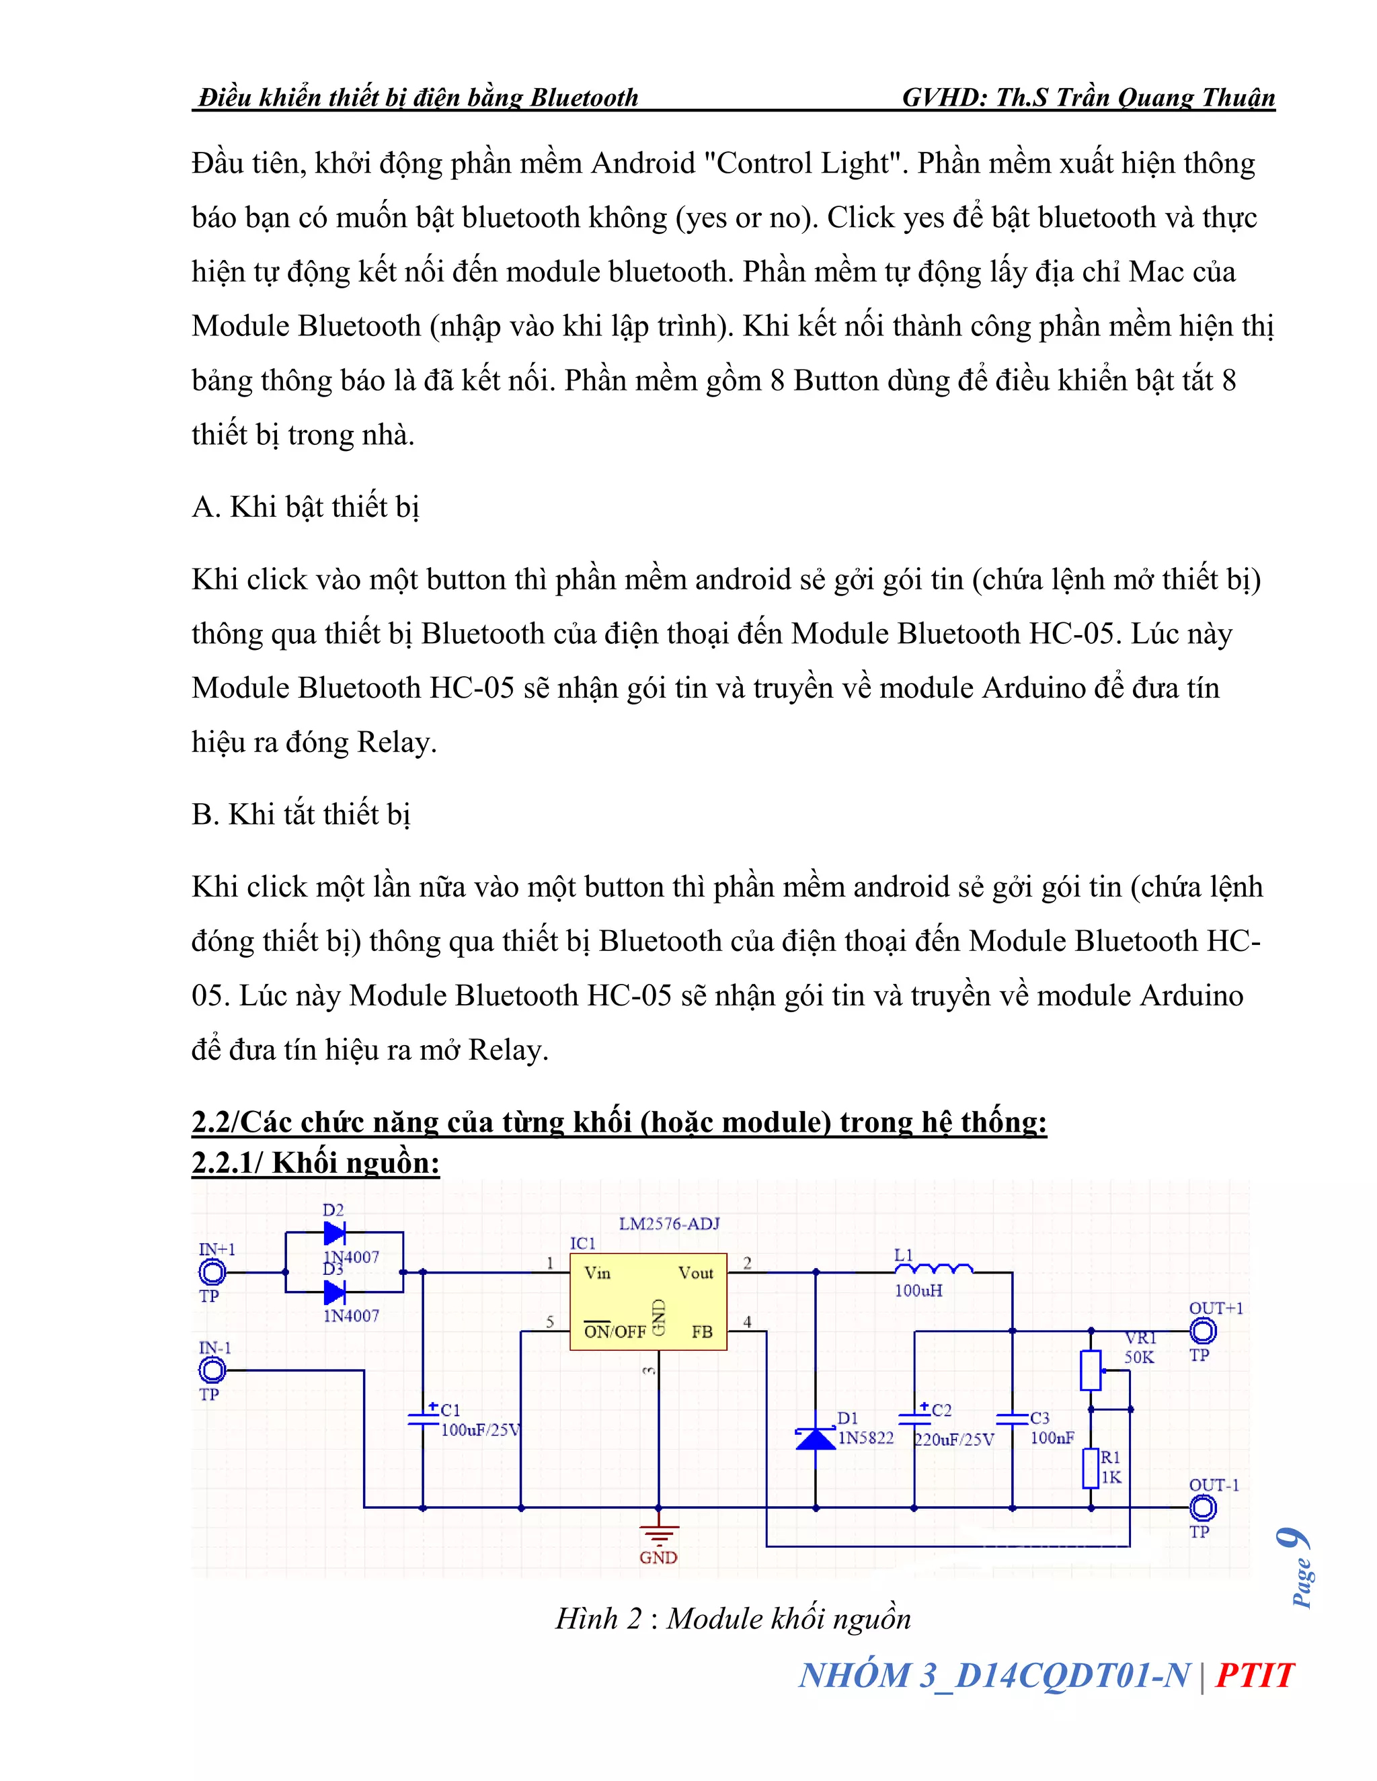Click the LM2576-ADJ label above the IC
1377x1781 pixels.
[x=669, y=1223]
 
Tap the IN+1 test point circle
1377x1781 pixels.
[x=212, y=1272]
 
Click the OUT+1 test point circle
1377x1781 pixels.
[x=1202, y=1331]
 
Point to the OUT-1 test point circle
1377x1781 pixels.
[x=1202, y=1508]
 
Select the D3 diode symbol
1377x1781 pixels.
[x=334, y=1292]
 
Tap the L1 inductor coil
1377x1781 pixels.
[x=934, y=1269]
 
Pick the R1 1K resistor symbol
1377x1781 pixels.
[x=1091, y=1468]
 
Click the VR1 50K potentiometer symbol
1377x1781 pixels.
[x=1091, y=1370]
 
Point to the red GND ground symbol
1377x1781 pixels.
[x=658, y=1536]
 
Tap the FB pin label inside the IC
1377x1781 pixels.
[x=701, y=1331]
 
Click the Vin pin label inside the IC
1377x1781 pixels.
[x=597, y=1273]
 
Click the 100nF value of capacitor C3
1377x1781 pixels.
[x=1052, y=1438]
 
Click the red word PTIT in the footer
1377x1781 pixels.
[x=1254, y=1675]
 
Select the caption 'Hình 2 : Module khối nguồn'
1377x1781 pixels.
[x=733, y=1619]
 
